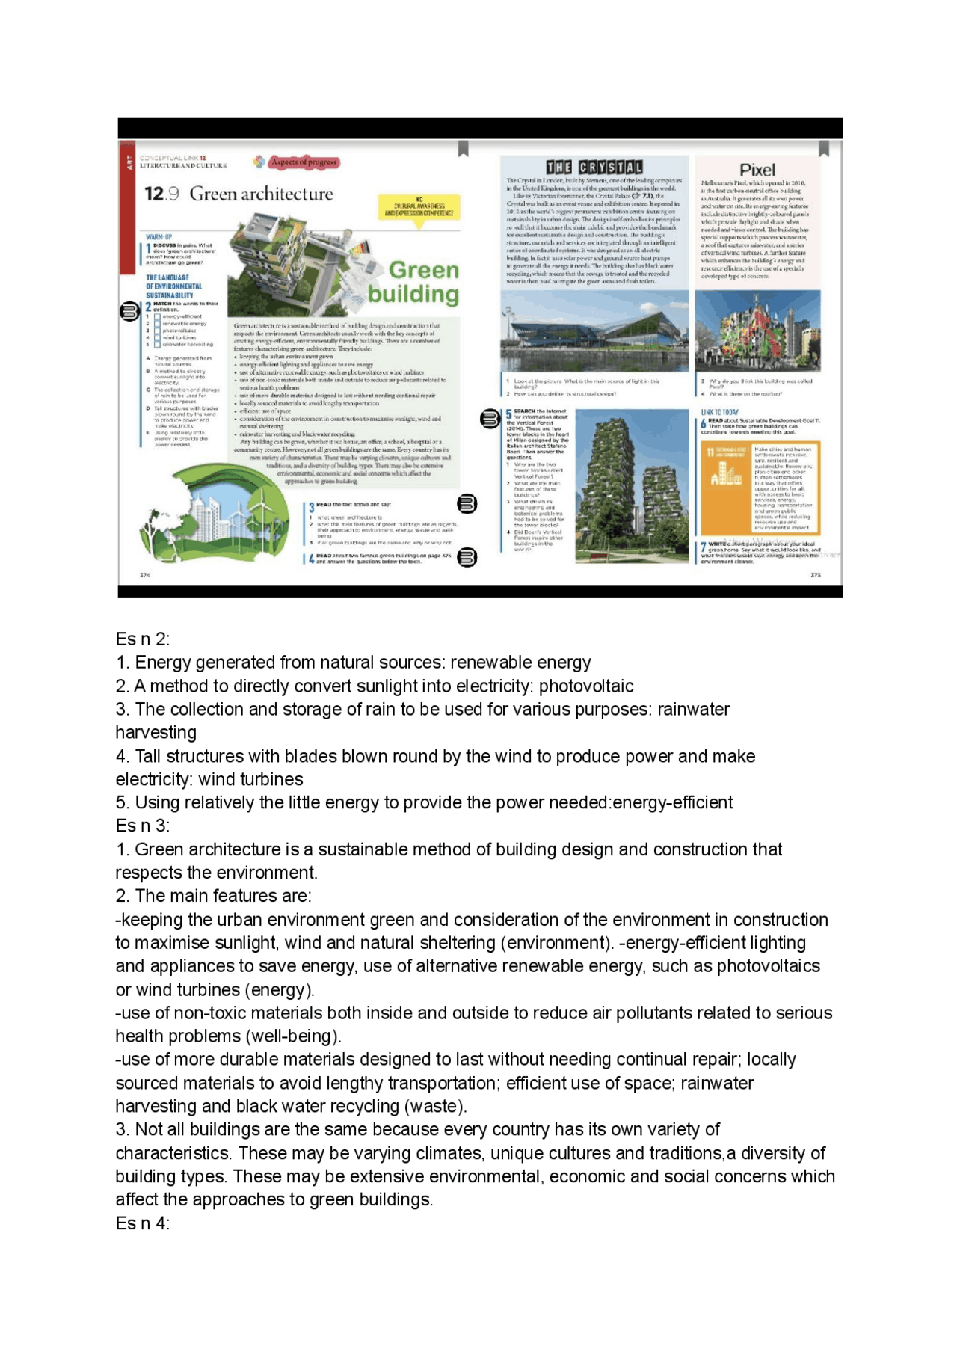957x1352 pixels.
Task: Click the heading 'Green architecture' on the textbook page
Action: (x=261, y=194)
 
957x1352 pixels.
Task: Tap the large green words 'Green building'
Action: (x=413, y=282)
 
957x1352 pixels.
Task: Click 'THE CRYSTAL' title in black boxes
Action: (x=594, y=167)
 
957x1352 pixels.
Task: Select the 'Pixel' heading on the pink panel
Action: (x=757, y=170)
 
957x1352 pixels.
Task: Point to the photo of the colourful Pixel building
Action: (x=757, y=331)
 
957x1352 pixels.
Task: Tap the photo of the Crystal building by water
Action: (x=594, y=331)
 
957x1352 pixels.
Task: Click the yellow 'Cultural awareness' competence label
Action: (x=419, y=209)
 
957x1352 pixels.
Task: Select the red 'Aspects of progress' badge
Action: (x=304, y=162)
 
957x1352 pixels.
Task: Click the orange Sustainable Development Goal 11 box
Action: (x=760, y=488)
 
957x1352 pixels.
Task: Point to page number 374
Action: (x=145, y=575)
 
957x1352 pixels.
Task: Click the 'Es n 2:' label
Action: (x=143, y=639)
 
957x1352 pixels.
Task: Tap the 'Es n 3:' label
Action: (x=143, y=826)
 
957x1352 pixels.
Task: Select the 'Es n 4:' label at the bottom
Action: (x=143, y=1223)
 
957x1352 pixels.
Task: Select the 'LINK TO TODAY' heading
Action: (x=719, y=412)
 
